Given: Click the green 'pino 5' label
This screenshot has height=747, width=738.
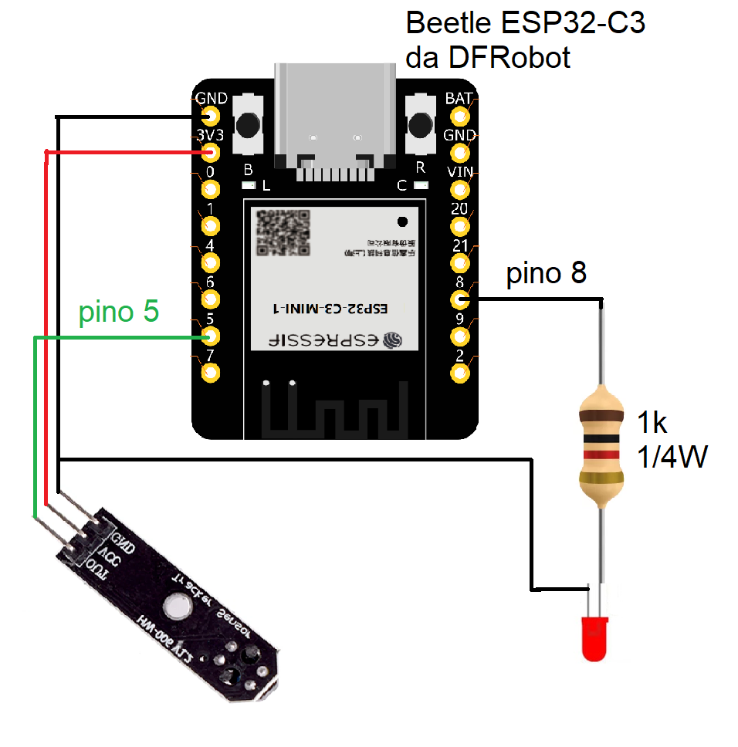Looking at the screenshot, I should (x=119, y=312).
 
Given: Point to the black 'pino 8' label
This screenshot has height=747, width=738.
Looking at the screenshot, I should (x=546, y=273).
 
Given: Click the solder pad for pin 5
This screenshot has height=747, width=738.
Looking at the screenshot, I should (x=210, y=336).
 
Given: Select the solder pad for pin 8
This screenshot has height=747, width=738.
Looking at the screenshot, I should (x=460, y=299).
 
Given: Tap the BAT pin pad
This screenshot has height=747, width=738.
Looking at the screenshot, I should (x=460, y=117).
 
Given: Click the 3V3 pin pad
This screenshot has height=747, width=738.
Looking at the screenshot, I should (x=210, y=153).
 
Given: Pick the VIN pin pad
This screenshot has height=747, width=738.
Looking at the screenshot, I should (x=460, y=189).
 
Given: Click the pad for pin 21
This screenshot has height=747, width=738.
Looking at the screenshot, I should (x=460, y=262).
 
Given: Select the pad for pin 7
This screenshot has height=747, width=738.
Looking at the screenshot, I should (x=210, y=373).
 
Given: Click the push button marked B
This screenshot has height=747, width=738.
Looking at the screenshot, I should (x=249, y=123).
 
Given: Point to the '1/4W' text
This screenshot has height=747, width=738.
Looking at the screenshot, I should (x=672, y=458).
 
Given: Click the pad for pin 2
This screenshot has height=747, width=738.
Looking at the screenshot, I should (x=460, y=373).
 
